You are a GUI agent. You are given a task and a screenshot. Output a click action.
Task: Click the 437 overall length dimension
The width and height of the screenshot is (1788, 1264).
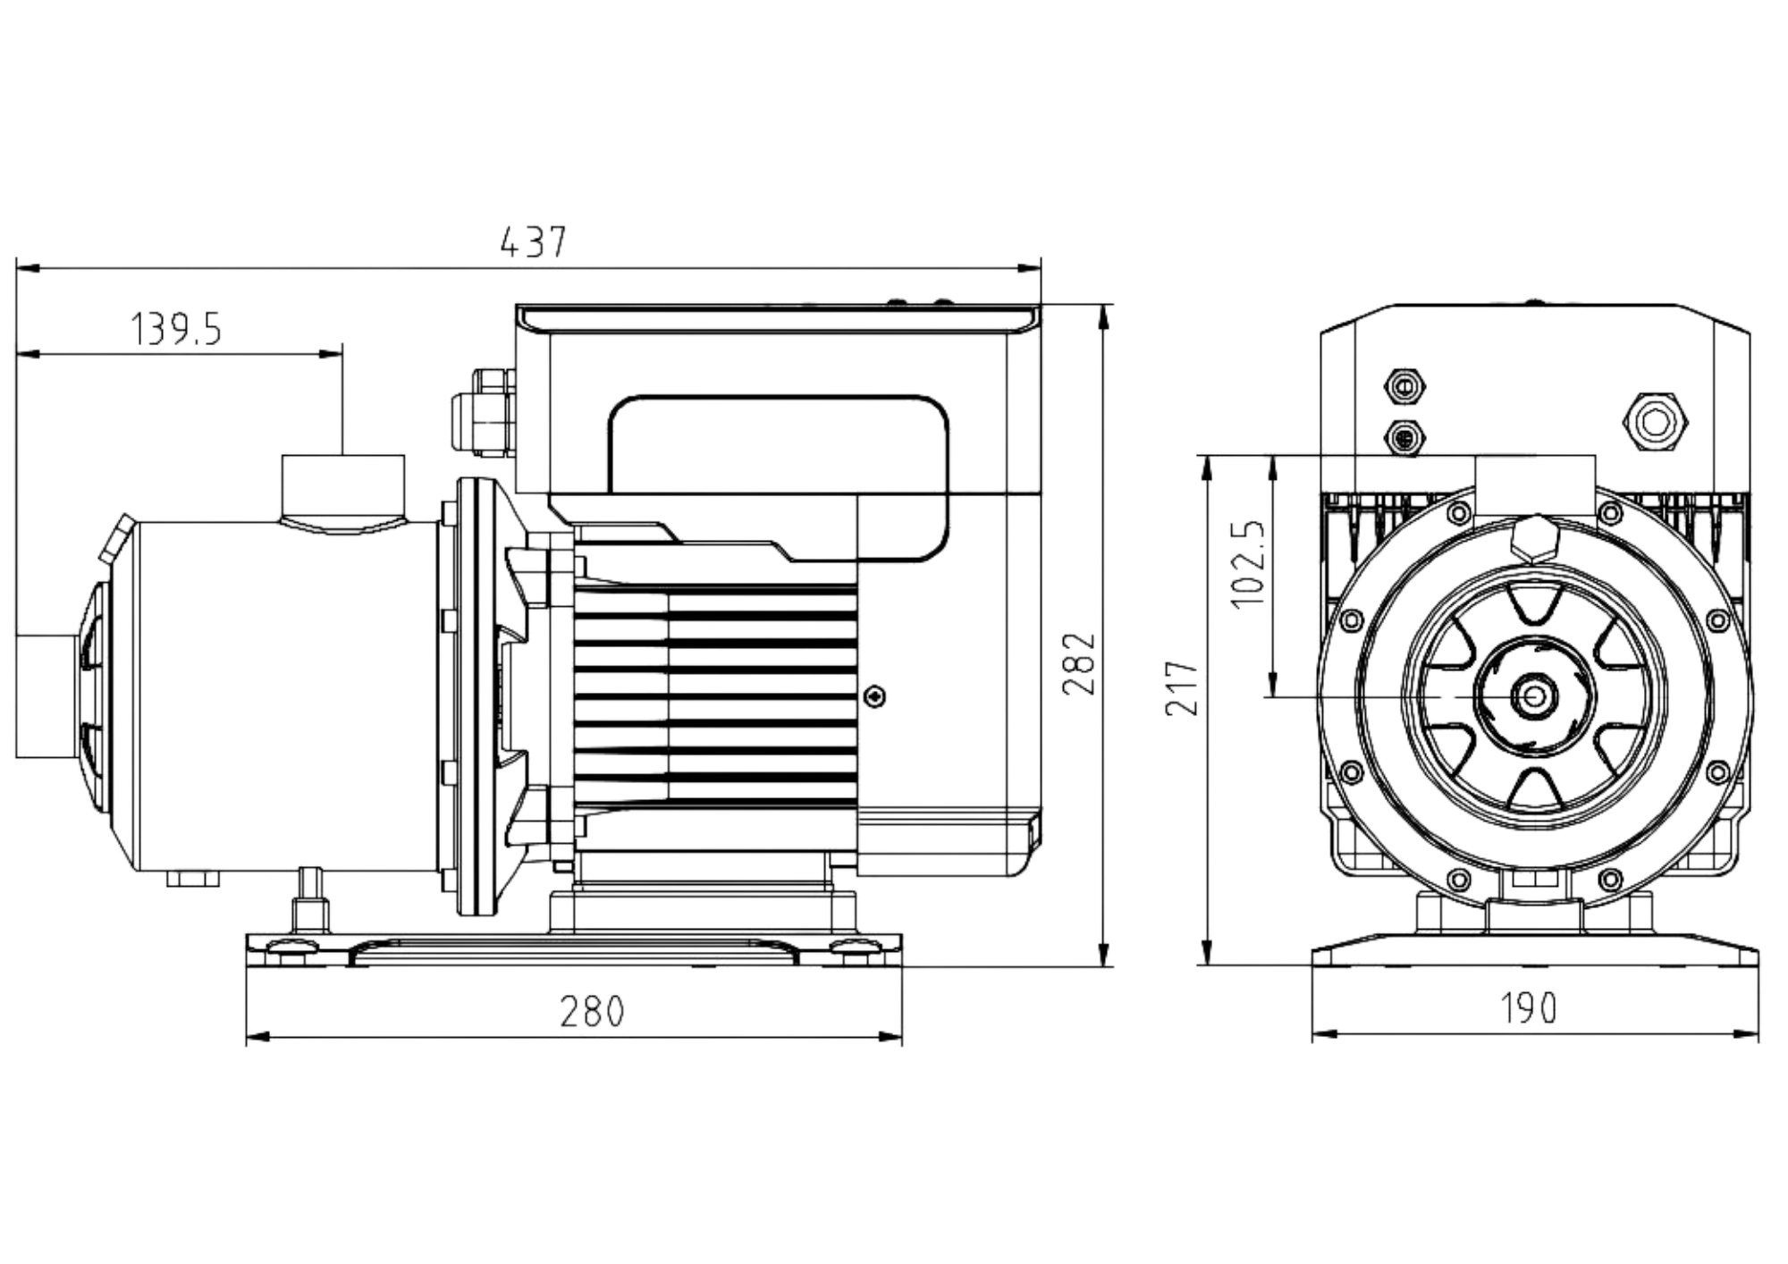coord(533,242)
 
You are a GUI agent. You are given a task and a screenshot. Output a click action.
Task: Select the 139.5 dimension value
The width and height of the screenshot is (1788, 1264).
coord(177,330)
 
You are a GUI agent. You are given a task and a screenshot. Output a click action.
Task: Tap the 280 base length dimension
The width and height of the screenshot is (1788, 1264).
coord(593,1011)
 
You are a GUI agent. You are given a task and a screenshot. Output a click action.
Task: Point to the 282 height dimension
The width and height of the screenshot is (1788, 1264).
coord(1079,662)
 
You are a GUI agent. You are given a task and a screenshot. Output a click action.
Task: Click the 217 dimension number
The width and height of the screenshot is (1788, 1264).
coord(1182,687)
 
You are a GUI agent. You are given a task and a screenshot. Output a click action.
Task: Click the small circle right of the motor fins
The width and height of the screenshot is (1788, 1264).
coord(878,695)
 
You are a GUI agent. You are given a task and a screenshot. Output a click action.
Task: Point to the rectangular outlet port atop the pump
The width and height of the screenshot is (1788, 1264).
coord(342,483)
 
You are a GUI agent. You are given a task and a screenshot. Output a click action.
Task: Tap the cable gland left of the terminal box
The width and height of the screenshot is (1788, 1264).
coord(481,413)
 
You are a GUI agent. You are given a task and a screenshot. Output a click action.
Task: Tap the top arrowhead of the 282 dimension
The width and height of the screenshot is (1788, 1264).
coord(1105,314)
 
